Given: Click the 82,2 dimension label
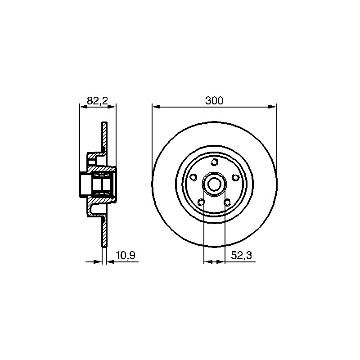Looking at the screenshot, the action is pyautogui.click(x=98, y=100).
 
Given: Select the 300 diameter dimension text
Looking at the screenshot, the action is pyautogui.click(x=214, y=100).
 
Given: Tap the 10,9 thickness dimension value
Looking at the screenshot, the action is pyautogui.click(x=126, y=255).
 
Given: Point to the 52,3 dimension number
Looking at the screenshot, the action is pyautogui.click(x=242, y=255).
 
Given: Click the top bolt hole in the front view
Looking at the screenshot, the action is pyautogui.click(x=215, y=162).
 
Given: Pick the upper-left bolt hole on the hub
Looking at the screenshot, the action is pyautogui.click(x=194, y=177).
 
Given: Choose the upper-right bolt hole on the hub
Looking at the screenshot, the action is pyautogui.click(x=235, y=177).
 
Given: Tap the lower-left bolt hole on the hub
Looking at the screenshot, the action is pyautogui.click(x=201, y=202).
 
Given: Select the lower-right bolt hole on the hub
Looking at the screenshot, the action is pyautogui.click(x=227, y=202).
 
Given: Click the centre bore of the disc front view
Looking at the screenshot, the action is pyautogui.click(x=215, y=184).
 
